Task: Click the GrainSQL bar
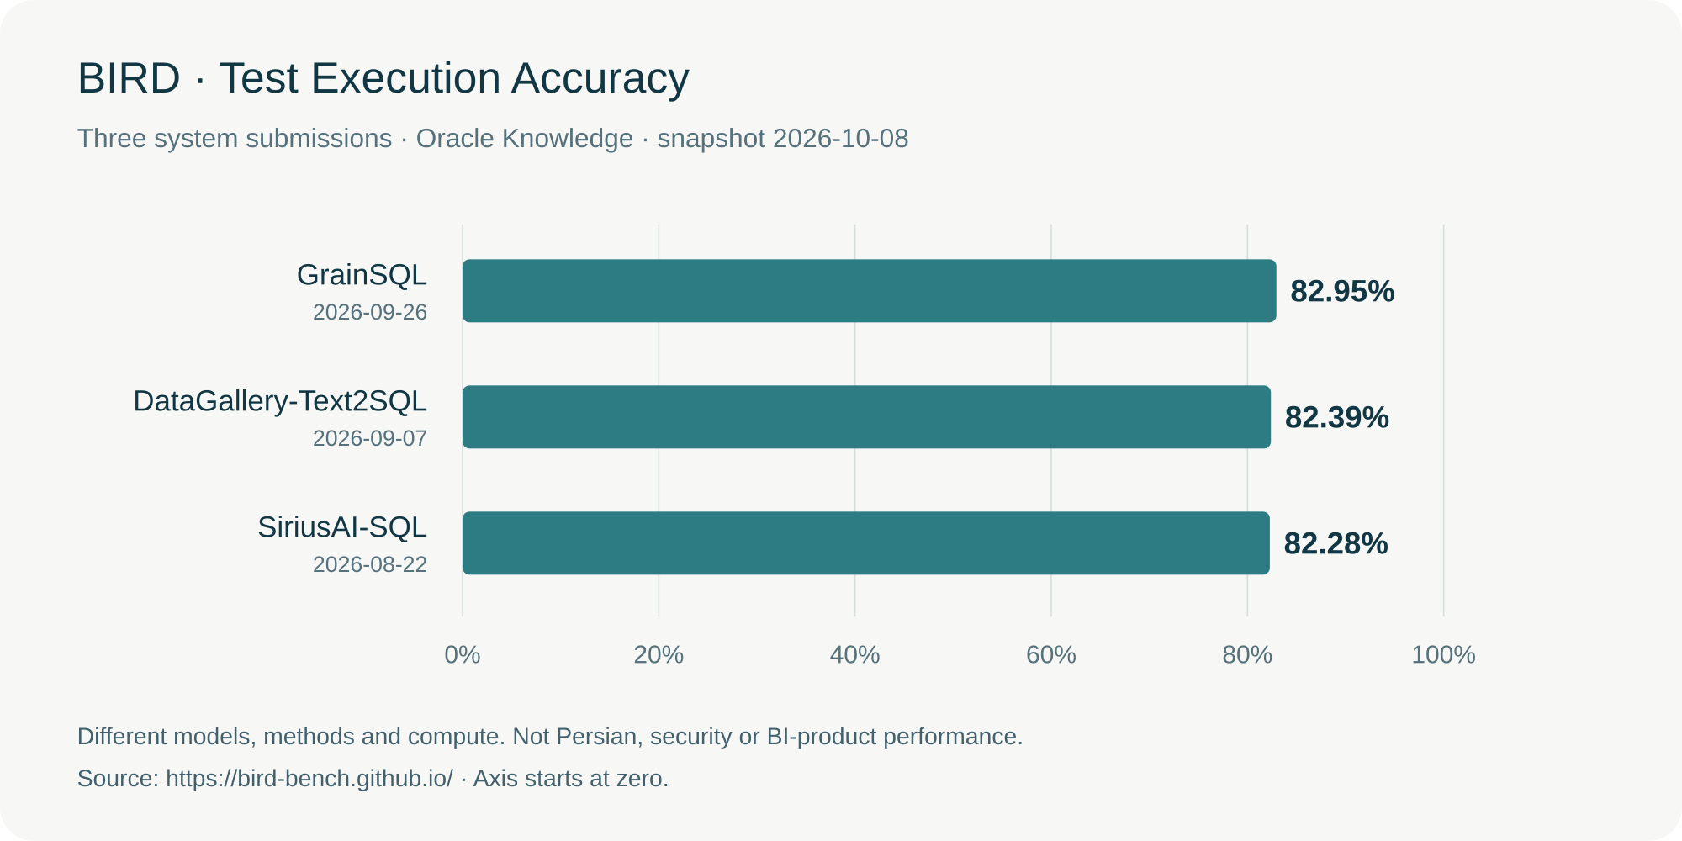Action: pos(870,291)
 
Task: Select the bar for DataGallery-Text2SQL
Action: pos(866,417)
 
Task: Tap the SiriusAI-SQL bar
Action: pos(866,543)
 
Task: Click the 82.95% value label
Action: pos(1342,291)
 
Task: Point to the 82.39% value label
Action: pos(1337,417)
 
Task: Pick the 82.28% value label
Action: pos(1336,543)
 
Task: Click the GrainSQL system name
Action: pos(362,275)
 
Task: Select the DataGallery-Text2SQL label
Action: pos(280,401)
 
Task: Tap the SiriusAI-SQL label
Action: pos(342,527)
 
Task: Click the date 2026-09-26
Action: pos(370,312)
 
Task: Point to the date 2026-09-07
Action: pos(370,438)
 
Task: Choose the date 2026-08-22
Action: pos(370,564)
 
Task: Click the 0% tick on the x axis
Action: pos(463,654)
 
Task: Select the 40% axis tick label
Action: pos(854,654)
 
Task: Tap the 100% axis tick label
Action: pos(1443,654)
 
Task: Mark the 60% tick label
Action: pos(1051,654)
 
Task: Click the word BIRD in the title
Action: pos(129,78)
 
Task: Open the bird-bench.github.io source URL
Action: pos(309,779)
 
